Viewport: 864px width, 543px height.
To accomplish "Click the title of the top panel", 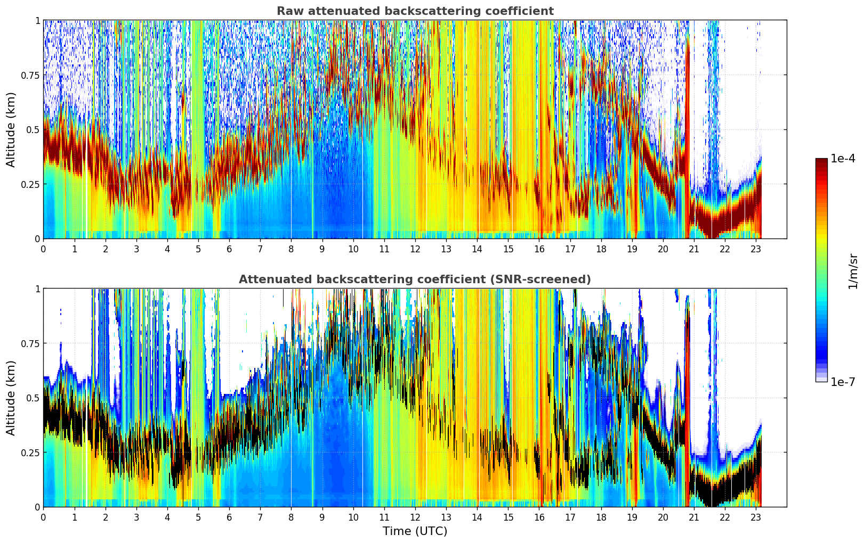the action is [x=415, y=11].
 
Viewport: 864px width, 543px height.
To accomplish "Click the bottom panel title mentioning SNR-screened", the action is [x=415, y=279].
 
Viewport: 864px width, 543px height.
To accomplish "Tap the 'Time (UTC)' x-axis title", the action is [x=415, y=531].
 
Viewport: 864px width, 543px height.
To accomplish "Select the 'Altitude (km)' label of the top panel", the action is [x=11, y=130].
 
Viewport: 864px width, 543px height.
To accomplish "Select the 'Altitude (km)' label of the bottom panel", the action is [x=11, y=398].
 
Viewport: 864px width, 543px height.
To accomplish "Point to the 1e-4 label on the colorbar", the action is [x=843, y=158].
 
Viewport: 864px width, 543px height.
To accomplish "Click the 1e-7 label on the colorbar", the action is [x=843, y=382].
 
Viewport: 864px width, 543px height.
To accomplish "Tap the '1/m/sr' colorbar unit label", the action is [x=853, y=271].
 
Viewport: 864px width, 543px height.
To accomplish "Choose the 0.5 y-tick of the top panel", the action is [x=33, y=130].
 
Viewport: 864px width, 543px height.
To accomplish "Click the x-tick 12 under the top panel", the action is [x=415, y=249].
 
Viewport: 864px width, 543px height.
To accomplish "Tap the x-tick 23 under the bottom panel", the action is [x=756, y=517].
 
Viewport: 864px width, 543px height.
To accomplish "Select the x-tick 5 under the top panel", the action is [x=198, y=249].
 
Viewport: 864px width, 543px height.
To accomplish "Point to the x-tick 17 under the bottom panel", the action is [x=570, y=517].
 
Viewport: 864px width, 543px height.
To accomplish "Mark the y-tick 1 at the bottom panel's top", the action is [x=38, y=289].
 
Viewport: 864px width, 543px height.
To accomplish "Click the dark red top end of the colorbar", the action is [x=821, y=160].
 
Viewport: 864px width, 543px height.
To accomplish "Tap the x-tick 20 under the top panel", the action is [x=663, y=249].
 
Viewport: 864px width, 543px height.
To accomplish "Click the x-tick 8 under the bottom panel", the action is [x=291, y=517].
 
